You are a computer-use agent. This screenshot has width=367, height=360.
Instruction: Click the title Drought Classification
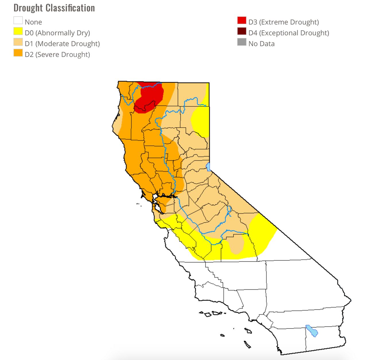pos(54,8)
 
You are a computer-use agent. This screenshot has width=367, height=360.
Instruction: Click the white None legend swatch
pos(18,21)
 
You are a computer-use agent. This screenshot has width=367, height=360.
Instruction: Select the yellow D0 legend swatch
pos(18,31)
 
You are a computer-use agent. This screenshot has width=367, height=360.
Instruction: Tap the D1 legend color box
pos(18,42)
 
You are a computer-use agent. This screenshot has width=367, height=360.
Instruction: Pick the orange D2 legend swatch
pos(18,53)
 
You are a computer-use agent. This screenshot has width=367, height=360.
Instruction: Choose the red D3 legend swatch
pos(242,21)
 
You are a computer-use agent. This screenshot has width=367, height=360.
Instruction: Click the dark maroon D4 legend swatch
pos(242,31)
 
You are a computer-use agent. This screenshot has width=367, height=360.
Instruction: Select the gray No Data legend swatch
pos(242,42)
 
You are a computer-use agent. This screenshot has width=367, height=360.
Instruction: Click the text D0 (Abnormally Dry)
pos(57,33)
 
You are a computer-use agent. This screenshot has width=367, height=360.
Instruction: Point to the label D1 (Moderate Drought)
pos(62,44)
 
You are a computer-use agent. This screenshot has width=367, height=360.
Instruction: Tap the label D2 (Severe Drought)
pos(57,55)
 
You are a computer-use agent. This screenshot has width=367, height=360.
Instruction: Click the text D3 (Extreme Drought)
pos(284,22)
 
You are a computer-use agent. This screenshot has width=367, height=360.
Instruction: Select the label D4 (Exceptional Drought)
pos(289,33)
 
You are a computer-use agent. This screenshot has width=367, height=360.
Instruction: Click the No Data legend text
pos(261,44)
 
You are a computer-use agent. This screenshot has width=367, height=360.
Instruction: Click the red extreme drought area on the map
pos(149,96)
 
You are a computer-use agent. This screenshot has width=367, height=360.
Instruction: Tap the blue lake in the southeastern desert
pos(312,331)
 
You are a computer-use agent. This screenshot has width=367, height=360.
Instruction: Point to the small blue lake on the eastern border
pos(208,167)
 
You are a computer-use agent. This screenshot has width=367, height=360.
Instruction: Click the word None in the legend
pos(33,22)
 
